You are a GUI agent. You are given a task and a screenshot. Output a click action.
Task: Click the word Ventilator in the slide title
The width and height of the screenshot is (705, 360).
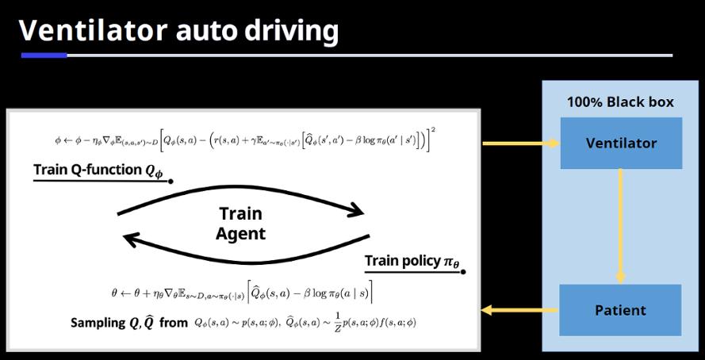[x=92, y=30]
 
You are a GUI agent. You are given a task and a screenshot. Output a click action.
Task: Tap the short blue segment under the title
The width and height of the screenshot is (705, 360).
[x=44, y=56]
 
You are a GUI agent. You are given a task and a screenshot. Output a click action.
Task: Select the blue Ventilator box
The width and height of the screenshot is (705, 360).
[x=621, y=144]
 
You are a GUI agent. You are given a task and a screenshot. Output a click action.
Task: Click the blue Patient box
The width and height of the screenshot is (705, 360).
[x=620, y=310]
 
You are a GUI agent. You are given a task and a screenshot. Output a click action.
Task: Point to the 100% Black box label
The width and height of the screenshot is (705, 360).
[x=620, y=102]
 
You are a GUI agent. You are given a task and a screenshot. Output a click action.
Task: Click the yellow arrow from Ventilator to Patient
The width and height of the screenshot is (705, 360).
[x=620, y=226]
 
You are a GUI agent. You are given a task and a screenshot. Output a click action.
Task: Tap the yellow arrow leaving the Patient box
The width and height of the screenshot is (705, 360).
[x=519, y=310]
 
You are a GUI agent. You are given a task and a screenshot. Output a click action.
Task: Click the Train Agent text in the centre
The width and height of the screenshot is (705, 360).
[x=241, y=224]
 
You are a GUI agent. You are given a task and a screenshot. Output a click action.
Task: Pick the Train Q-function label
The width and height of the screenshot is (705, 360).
[x=98, y=171]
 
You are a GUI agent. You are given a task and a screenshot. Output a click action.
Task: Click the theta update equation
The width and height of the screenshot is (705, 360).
[x=242, y=292]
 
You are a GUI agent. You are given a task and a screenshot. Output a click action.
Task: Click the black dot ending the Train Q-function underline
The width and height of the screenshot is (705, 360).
[x=171, y=182]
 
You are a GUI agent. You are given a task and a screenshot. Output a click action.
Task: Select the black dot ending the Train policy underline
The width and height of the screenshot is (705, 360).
[x=463, y=272]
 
